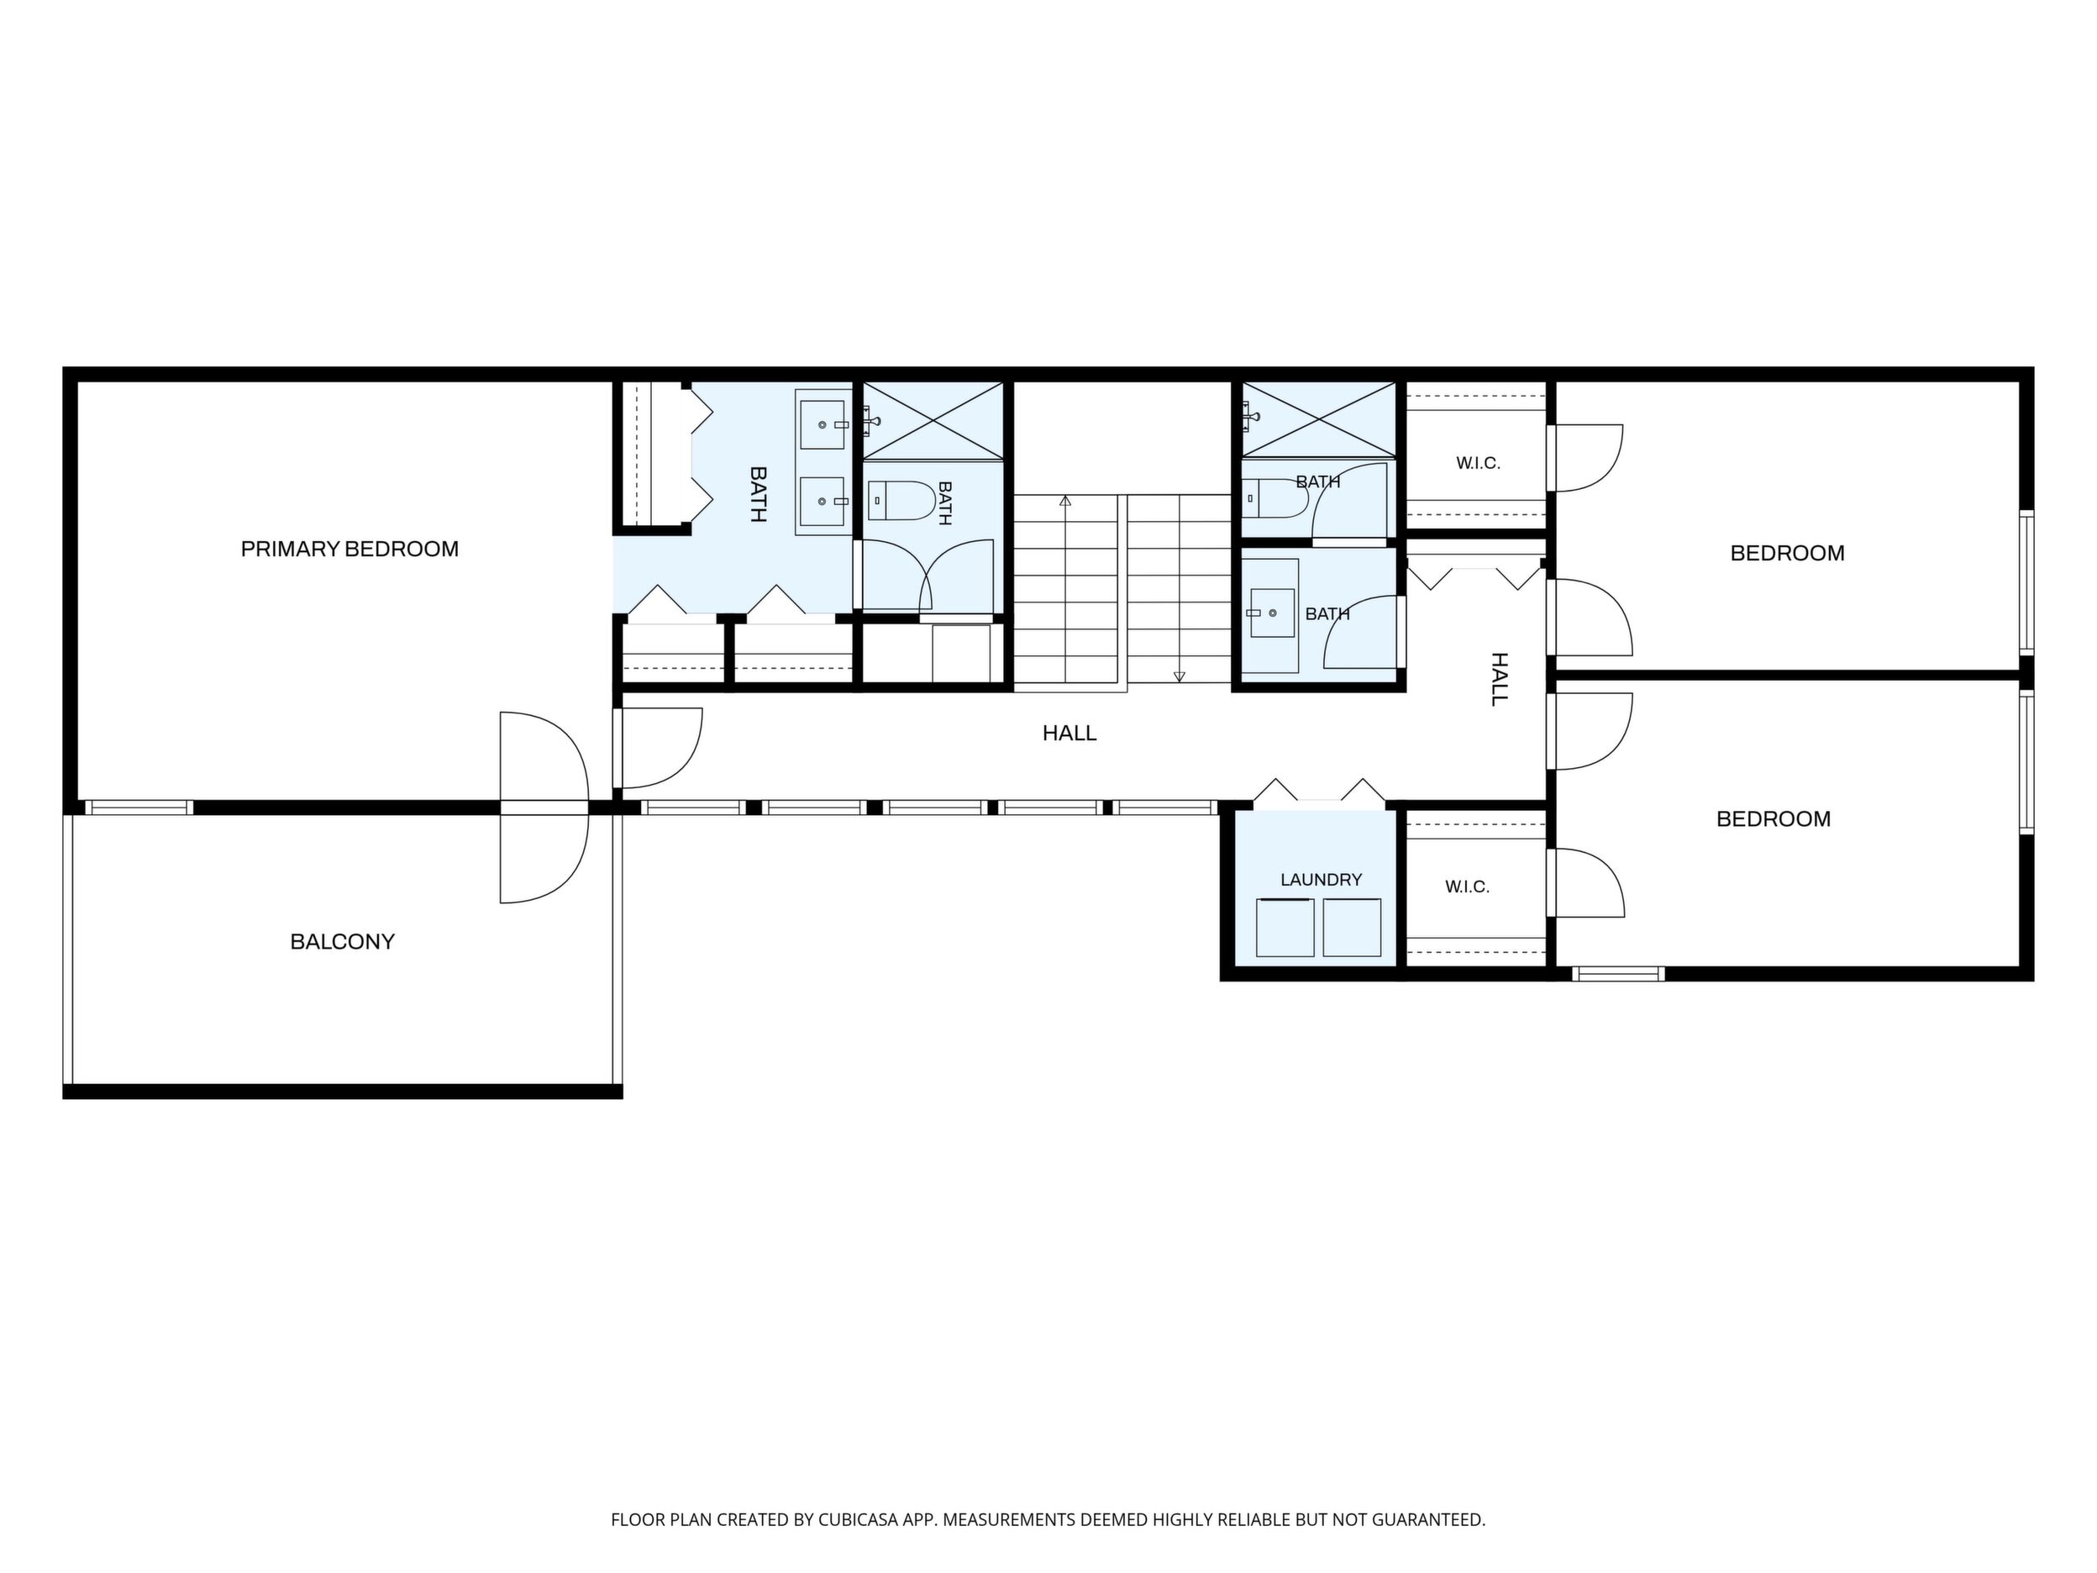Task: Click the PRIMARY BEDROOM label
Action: coord(349,549)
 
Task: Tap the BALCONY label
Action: coord(342,941)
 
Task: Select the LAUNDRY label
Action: coord(1321,880)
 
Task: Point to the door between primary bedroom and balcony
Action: coord(544,807)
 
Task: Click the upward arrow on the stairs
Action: coord(1064,588)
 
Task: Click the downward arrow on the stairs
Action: coord(1180,588)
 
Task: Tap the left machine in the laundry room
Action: coord(1285,928)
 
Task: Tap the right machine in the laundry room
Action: coord(1352,928)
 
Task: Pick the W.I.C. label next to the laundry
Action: coord(1468,887)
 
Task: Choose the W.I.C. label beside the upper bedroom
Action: coord(1478,464)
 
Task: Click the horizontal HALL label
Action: coord(1070,733)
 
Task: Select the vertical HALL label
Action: coord(1499,679)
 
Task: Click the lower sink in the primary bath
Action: coord(823,501)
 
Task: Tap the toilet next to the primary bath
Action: coord(901,501)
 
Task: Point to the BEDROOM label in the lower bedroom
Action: coord(1774,819)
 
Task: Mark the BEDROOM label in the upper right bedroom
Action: coord(1787,554)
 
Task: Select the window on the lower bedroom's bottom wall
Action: coord(1617,973)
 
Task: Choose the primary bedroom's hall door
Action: coord(659,748)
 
